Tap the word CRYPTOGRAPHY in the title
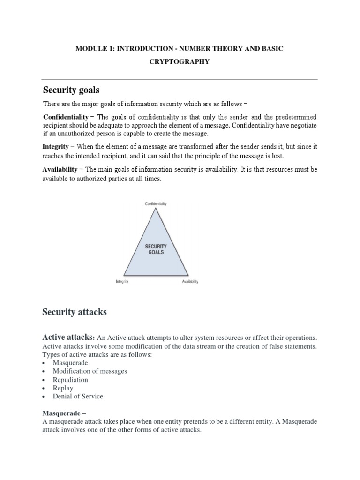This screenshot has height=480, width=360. pyautogui.click(x=180, y=61)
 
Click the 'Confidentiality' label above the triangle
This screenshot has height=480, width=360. pyautogui.click(x=156, y=204)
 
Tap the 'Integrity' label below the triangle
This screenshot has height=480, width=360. pyautogui.click(x=122, y=282)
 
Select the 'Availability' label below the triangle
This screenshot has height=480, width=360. pyautogui.click(x=190, y=282)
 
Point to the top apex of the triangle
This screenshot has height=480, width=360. pyautogui.click(x=156, y=209)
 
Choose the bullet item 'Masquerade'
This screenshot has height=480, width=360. pyautogui.click(x=70, y=363)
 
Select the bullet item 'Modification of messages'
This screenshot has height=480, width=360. pyautogui.click(x=90, y=371)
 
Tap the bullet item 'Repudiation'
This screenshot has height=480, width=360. pyautogui.click(x=70, y=380)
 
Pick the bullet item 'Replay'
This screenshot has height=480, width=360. pyautogui.click(x=63, y=388)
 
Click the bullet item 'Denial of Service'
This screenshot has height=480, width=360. pyautogui.click(x=78, y=397)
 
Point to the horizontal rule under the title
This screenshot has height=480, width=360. pyautogui.click(x=180, y=79)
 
